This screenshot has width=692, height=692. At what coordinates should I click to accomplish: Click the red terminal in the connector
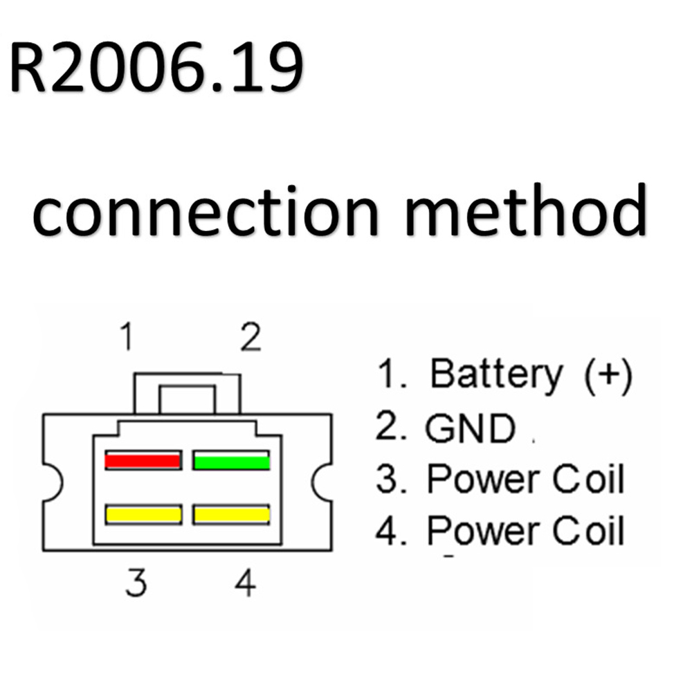pyautogui.click(x=143, y=460)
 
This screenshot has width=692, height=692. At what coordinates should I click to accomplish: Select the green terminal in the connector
pyautogui.click(x=231, y=460)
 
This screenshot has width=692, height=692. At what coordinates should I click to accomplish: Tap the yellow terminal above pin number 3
pyautogui.click(x=143, y=514)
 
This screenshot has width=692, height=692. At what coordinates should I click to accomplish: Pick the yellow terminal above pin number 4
pyautogui.click(x=231, y=514)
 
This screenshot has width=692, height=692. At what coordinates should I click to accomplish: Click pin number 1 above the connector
pyautogui.click(x=125, y=338)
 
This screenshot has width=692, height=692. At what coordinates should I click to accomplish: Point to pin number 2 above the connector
pyautogui.click(x=250, y=338)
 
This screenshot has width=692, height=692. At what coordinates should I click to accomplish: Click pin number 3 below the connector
pyautogui.click(x=136, y=583)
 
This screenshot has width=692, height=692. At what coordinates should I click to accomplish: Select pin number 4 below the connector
pyautogui.click(x=245, y=583)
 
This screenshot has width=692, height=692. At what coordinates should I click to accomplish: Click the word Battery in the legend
pyautogui.click(x=496, y=374)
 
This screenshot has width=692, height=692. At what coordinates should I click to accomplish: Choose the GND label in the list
pyautogui.click(x=470, y=428)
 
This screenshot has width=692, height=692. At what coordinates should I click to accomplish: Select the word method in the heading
pyautogui.click(x=526, y=211)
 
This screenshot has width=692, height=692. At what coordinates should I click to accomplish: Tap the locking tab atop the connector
pyautogui.click(x=188, y=393)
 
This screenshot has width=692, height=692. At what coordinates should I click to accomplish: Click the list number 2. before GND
pyautogui.click(x=390, y=428)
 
